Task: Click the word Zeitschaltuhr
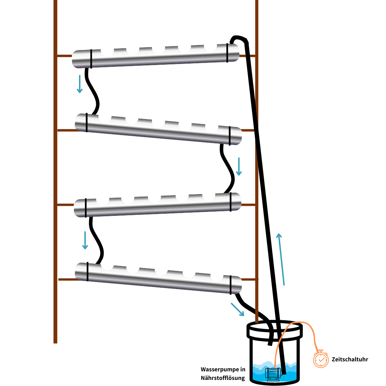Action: tap(350, 360)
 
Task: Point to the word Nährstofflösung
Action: tap(223, 378)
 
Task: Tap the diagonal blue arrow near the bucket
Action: tap(237, 310)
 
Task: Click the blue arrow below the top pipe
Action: tap(80, 84)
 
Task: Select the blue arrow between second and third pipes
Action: tap(239, 167)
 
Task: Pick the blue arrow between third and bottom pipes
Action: tap(85, 240)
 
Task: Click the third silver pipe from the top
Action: tap(157, 206)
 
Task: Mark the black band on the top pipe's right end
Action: tap(227, 53)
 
